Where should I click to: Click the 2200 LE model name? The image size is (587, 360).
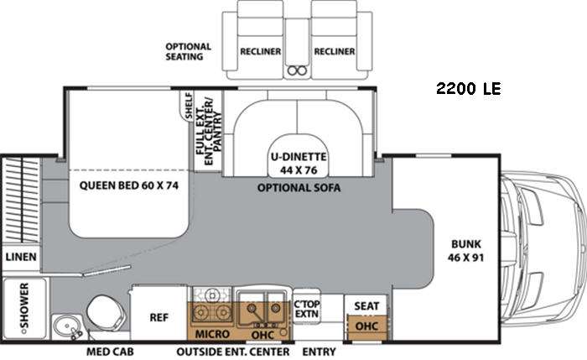468,88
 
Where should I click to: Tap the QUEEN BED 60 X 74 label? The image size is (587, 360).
129,185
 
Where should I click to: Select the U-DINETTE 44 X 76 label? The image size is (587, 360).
299,164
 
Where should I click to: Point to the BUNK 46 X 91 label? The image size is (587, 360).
465,251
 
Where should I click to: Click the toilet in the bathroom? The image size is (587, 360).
106,313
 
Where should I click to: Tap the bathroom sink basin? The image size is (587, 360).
66,325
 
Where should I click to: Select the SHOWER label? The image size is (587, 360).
23,305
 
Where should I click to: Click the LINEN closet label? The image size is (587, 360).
21,257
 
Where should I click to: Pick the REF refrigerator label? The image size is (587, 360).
158,318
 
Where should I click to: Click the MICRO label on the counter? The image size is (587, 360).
212,334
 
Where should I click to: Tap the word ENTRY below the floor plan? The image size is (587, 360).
319,352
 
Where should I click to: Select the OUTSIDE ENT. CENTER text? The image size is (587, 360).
233,352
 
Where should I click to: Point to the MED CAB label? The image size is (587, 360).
110,352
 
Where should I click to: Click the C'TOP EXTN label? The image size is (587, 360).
307,309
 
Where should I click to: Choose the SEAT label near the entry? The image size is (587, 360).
366,306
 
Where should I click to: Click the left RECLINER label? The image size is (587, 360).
261,51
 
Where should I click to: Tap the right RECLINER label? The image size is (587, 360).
335,51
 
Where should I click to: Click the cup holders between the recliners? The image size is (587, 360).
297,70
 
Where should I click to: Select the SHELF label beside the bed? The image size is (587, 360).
189,106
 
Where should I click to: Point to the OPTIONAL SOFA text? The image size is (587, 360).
299,188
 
